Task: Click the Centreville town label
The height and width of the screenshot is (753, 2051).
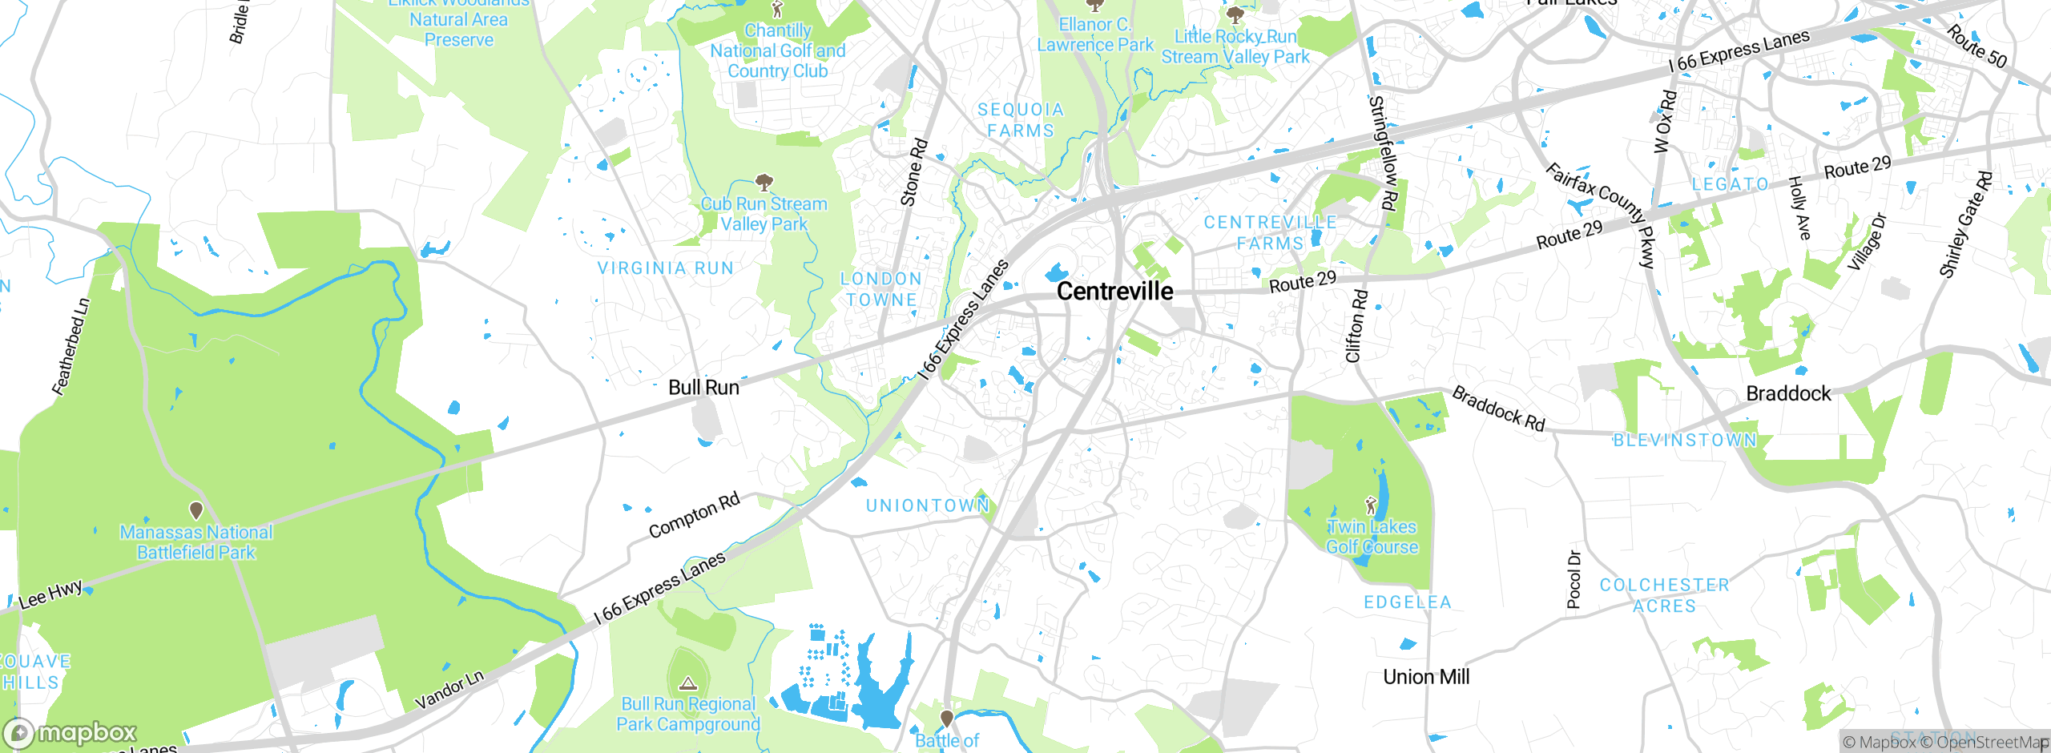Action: [x=1114, y=292]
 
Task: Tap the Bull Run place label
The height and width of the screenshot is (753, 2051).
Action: [x=703, y=388]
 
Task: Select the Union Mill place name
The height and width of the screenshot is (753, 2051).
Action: [x=1426, y=677]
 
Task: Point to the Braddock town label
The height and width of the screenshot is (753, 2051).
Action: [x=1788, y=393]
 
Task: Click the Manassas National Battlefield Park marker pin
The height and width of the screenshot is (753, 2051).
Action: [x=195, y=509]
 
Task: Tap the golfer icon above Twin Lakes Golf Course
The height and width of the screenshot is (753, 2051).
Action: [x=1371, y=505]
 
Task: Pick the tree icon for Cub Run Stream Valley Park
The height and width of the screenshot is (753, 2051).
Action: [x=764, y=182]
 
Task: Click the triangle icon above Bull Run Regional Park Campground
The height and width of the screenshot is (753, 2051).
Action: [x=687, y=683]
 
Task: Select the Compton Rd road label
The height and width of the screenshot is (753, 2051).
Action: [x=694, y=516]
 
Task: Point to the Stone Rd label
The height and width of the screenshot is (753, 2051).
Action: [x=914, y=172]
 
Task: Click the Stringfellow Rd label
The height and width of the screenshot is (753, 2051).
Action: [x=1383, y=153]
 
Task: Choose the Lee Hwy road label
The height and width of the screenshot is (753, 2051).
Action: [x=50, y=594]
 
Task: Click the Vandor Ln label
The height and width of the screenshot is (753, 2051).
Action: [x=449, y=690]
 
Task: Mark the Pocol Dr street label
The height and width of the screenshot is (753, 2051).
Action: [x=1574, y=579]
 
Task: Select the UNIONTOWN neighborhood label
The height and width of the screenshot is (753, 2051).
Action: [x=928, y=505]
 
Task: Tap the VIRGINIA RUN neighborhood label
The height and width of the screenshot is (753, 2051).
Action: [x=666, y=268]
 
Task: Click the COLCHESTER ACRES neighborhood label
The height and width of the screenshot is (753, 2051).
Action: [x=1665, y=595]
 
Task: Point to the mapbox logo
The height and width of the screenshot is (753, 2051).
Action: [x=71, y=733]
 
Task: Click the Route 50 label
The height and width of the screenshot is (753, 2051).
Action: [x=1976, y=46]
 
